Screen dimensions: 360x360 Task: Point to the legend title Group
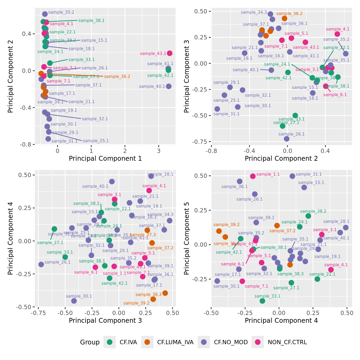pos(90,342)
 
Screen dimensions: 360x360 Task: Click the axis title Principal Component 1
pos(105,159)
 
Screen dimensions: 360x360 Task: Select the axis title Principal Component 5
pos(187,238)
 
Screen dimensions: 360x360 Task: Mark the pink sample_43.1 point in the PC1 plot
pos(170,53)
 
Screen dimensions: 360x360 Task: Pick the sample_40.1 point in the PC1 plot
pos(168,86)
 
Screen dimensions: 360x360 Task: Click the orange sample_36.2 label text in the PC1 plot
pos(117,77)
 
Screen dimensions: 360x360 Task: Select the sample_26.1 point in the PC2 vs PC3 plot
pos(287,139)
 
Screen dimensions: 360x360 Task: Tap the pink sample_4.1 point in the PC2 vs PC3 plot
pos(337,34)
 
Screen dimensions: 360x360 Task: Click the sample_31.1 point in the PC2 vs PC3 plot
pos(217,109)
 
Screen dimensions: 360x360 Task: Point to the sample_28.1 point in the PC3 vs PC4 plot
pos(151,176)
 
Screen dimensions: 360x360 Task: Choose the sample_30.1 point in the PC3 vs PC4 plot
pos(74,301)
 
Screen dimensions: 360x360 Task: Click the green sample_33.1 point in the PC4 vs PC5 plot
pos(262,301)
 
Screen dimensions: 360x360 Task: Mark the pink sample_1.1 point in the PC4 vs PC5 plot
pos(253,176)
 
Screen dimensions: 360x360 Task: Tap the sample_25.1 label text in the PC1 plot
pos(96,141)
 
